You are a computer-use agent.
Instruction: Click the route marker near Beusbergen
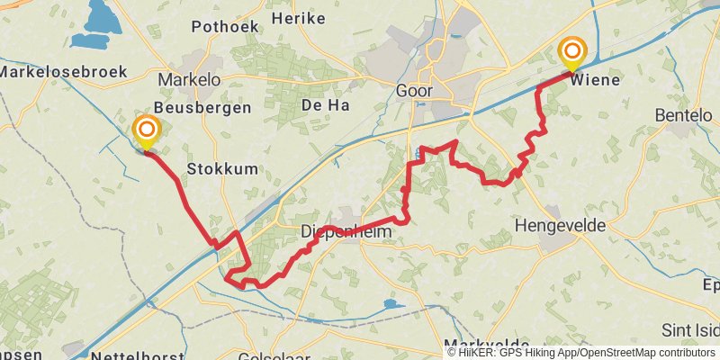point(146,132)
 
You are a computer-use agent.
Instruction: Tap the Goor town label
point(415,90)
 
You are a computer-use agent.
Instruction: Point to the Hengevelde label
point(560,225)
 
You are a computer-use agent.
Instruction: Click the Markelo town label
point(189,79)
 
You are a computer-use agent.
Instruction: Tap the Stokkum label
point(221,168)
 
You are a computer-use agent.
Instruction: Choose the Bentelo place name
point(683,115)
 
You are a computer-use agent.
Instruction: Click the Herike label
point(297,18)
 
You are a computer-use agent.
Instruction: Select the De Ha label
point(325,105)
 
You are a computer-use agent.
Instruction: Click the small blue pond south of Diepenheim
point(390,304)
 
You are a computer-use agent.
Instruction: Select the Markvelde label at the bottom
point(486,343)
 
